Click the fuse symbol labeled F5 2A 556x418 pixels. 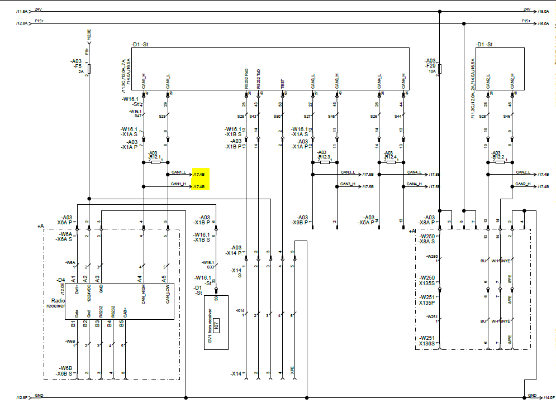point(89,69)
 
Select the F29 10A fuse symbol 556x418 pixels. point(440,69)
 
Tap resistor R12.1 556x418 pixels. point(155,162)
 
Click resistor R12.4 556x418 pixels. point(391,162)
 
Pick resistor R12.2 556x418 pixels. point(500,162)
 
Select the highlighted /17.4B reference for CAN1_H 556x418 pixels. point(199,186)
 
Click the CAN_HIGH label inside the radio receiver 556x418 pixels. point(144,294)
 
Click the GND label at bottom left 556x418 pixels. point(39,396)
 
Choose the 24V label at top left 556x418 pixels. point(38,9)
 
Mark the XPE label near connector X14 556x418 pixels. point(292,369)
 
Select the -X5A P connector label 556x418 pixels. point(369,220)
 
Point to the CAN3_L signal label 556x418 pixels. point(348,172)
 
